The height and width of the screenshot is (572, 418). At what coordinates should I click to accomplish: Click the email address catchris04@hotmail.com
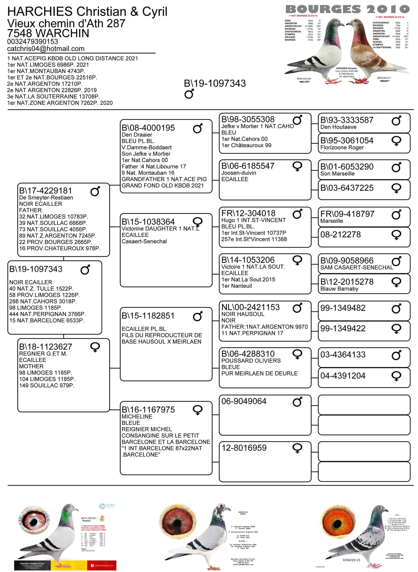pos(45,49)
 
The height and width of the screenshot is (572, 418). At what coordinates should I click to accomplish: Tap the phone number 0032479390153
pos(32,41)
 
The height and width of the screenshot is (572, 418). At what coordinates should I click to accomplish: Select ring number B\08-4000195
pos(148,128)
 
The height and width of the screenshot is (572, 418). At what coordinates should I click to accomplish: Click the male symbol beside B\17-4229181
pos(95,191)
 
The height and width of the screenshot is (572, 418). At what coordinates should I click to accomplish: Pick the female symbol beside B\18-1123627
pos(95,347)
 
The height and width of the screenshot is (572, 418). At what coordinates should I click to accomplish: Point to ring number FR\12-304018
pos(248,213)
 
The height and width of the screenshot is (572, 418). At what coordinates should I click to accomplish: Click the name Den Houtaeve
pos(338,127)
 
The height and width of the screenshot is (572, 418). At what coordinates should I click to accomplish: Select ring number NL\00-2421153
pos(250,307)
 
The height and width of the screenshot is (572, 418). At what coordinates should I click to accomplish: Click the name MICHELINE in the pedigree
pos(137,417)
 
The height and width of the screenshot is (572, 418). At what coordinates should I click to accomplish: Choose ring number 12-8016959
pos(244,448)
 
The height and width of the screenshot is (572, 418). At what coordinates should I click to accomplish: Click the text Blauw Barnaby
pos(339,289)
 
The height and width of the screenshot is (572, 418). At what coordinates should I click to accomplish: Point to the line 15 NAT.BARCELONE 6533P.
pos(47,320)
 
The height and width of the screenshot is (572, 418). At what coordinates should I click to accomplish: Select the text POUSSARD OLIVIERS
pos(251,361)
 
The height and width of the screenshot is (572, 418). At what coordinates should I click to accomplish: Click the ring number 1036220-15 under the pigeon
pos(351,560)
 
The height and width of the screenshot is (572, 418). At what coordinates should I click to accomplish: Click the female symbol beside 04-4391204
pos(396,376)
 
